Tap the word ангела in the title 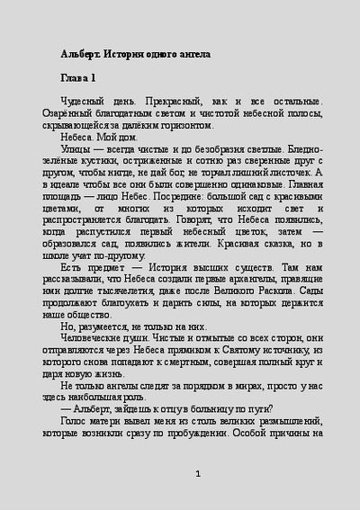click(x=193, y=54)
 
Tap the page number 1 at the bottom click(x=197, y=474)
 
